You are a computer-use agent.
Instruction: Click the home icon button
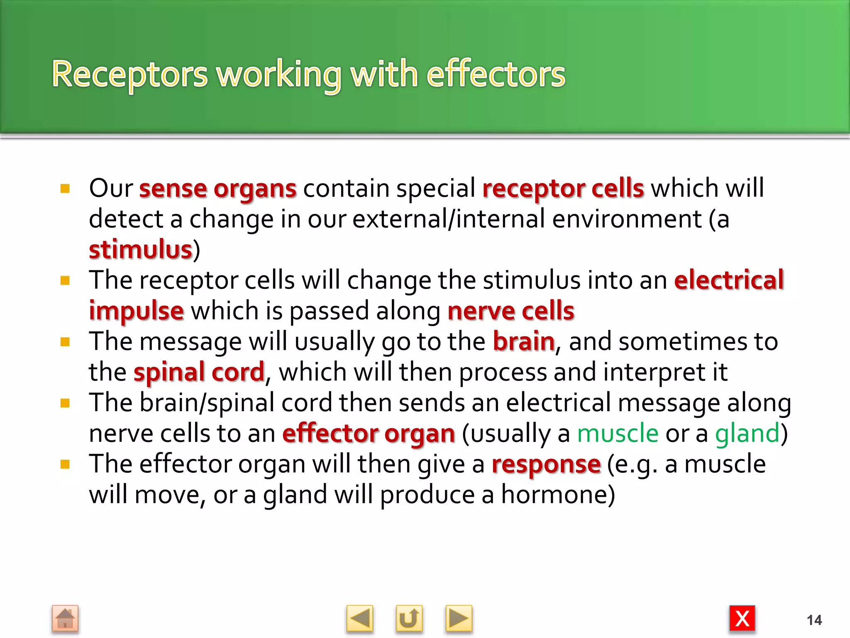[x=65, y=618]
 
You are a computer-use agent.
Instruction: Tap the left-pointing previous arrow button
[x=359, y=618]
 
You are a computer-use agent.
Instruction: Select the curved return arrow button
[x=409, y=618]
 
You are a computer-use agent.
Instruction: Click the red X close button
[x=742, y=618]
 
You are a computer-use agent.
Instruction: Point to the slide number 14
[x=814, y=620]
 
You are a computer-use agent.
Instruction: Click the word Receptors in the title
[x=129, y=75]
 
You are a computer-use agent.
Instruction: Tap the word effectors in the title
[x=496, y=75]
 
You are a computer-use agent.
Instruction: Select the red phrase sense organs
[x=218, y=189]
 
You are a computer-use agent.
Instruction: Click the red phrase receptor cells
[x=563, y=189]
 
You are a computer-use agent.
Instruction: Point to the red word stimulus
[x=141, y=250]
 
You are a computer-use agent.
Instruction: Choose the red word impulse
[x=136, y=311]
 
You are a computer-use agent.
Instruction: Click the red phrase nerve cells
[x=511, y=311]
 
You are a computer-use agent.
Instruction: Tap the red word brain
[x=523, y=341]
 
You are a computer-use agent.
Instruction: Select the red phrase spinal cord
[x=199, y=372]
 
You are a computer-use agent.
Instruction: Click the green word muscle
[x=618, y=434]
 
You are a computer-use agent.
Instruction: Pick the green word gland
[x=747, y=434]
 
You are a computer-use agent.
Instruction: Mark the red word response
[x=546, y=464]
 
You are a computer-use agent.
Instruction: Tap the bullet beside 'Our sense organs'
[x=65, y=189]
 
